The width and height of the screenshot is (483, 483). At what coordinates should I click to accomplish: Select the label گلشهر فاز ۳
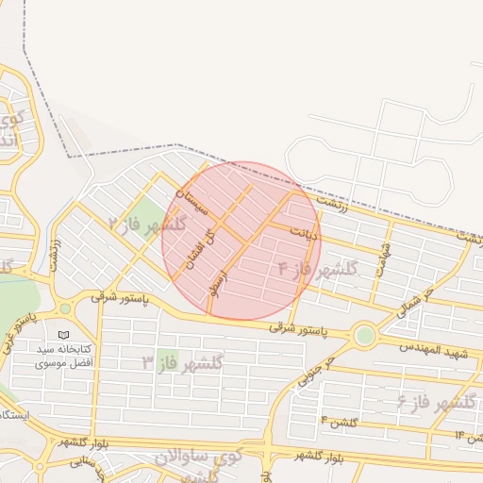click(x=182, y=361)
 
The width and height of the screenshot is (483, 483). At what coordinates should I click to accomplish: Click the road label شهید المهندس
click(x=433, y=350)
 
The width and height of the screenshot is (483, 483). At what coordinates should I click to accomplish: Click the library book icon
click(x=63, y=335)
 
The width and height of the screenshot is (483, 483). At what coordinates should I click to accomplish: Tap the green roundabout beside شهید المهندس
click(x=364, y=334)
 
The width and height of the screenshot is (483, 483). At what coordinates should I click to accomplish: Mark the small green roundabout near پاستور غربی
click(x=65, y=308)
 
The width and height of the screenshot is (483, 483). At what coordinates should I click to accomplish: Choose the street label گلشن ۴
click(x=338, y=421)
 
